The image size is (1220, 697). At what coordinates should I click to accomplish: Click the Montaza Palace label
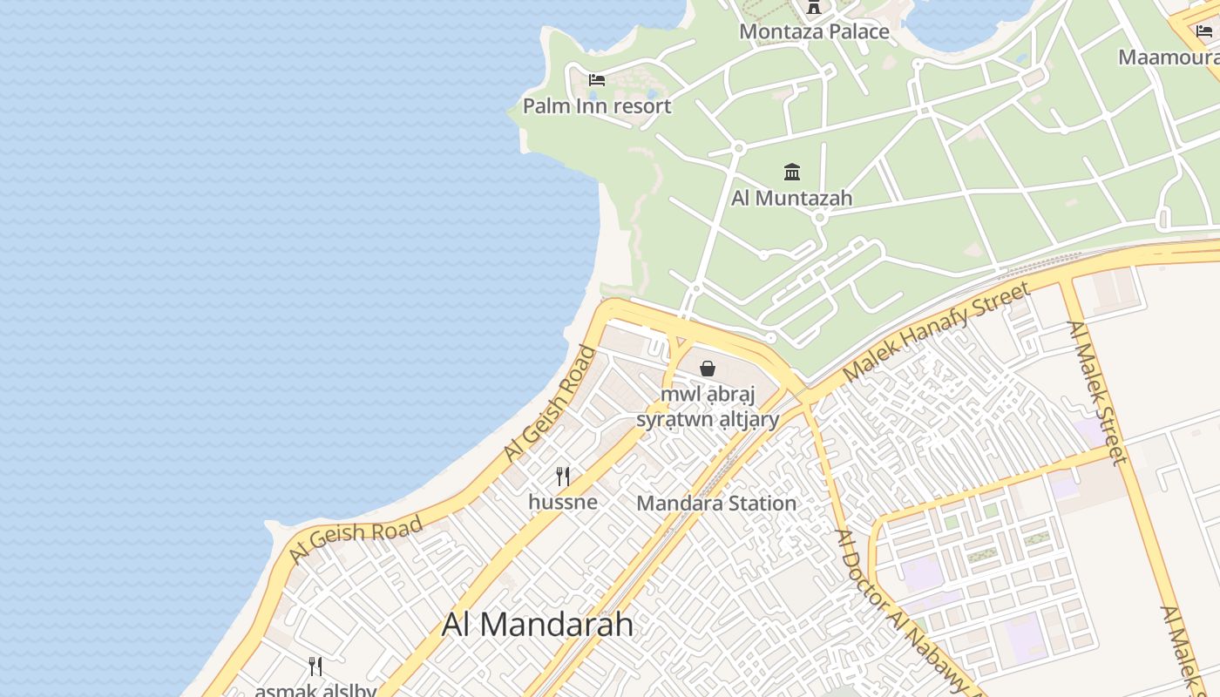pos(814,32)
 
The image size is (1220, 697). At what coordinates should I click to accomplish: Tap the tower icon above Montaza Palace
pos(814,8)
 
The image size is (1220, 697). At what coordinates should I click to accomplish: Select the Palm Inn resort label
pos(597,106)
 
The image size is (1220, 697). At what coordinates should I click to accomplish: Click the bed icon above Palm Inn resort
pos(597,80)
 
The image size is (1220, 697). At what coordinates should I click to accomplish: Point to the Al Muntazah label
pos(791,198)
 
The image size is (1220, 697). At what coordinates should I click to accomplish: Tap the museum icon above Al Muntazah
pos(792,171)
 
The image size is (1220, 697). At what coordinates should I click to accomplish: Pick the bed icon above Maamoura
pos(1204,31)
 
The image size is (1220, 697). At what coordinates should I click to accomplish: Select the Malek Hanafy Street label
pos(937,331)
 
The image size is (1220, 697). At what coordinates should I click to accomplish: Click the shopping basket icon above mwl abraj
pos(708,369)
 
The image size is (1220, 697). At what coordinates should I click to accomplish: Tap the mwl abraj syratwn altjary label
pos(708,407)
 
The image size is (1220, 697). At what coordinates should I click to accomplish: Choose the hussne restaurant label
pos(563,502)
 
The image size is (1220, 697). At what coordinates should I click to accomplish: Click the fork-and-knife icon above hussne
pos(563,477)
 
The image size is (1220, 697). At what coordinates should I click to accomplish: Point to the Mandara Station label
pos(716,503)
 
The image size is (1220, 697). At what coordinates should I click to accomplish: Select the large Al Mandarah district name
pos(538,624)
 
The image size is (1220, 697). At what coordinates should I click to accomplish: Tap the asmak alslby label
pos(315,691)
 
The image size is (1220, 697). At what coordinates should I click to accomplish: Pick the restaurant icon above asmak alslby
pos(315,667)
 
